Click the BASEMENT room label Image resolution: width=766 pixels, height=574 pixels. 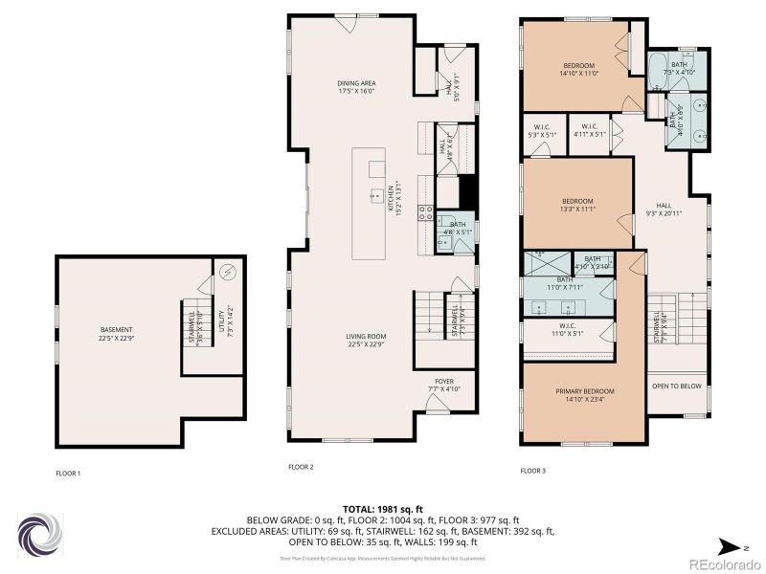(x=115, y=330)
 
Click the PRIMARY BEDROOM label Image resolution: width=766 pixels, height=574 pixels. (x=584, y=391)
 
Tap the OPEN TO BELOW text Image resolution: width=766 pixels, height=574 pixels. (x=676, y=386)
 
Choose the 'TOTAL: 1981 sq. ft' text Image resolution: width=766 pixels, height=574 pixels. (x=383, y=508)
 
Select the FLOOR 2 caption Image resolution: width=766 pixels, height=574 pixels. (x=301, y=467)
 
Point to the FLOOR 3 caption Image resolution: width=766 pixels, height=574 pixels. (x=532, y=471)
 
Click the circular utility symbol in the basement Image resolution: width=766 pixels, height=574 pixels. (x=228, y=271)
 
